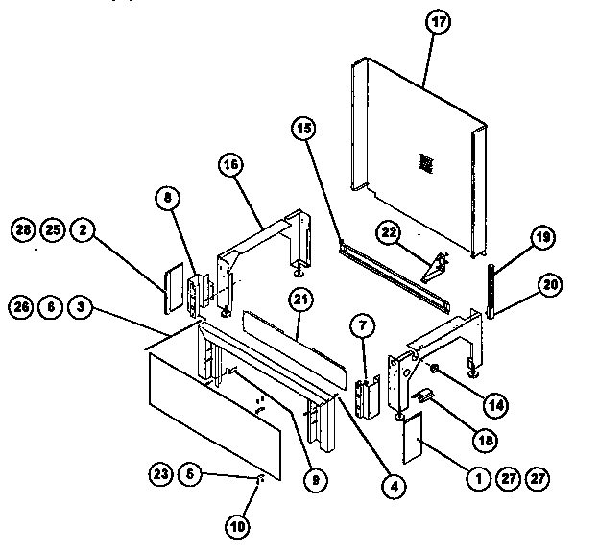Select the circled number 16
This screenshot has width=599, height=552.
pos(230,166)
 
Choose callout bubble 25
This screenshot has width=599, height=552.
pos(54,229)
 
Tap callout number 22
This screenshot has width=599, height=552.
pos(388,231)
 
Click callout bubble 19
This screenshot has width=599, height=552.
pos(542,238)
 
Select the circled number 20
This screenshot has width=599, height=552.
pos(551,284)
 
